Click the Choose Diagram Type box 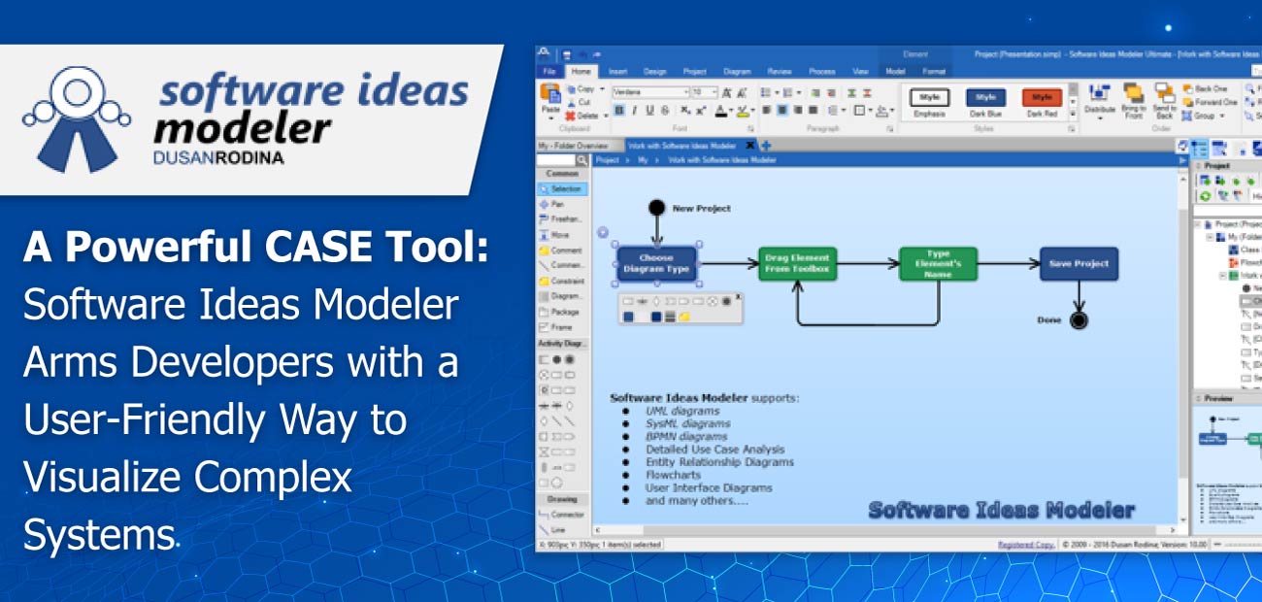656,263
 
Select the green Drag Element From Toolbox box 797,263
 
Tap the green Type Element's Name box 937,263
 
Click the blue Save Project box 1079,263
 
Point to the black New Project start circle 656,207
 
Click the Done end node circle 1078,320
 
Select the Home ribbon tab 581,71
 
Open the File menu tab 549,71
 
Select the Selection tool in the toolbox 563,189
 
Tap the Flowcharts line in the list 673,475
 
